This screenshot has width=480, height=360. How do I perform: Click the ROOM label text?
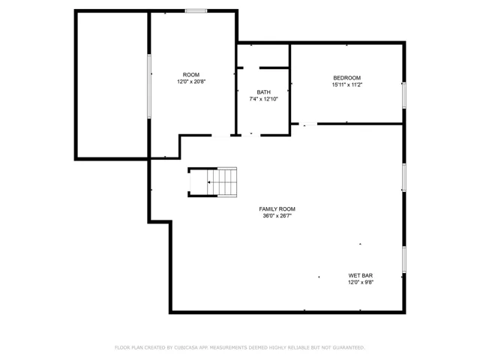coord(191,75)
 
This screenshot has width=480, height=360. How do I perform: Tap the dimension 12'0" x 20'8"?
coord(191,82)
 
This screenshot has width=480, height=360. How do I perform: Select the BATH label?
coord(263,92)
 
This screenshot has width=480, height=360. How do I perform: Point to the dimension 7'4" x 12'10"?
coord(263,99)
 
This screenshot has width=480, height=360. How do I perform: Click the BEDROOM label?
coord(346,78)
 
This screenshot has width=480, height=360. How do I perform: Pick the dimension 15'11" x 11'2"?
coord(346,85)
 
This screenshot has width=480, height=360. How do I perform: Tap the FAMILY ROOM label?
coord(277,209)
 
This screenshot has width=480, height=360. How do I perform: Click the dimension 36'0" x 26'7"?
coord(277,216)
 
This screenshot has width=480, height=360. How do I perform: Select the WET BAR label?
coord(361,275)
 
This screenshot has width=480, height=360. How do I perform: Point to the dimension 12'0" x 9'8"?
coord(361,282)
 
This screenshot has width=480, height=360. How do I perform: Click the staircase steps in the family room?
coord(222,182)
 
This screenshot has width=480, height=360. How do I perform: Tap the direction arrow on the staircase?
coord(209,182)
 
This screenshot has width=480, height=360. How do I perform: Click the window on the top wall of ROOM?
coord(196,11)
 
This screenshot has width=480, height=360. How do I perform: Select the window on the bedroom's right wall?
coord(404,95)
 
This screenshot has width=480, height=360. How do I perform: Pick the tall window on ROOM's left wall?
coord(149,86)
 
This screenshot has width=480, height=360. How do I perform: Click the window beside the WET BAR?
coord(404,259)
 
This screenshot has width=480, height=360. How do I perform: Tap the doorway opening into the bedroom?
coord(308,124)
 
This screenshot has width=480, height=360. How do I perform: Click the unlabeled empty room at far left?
coord(112,85)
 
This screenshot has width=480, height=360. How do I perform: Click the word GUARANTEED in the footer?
coord(349,347)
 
